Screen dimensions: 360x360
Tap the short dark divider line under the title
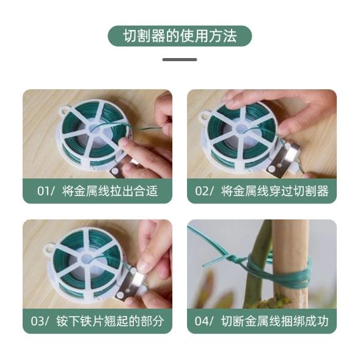180,60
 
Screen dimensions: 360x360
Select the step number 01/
46,191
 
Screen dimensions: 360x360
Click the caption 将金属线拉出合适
110,191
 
